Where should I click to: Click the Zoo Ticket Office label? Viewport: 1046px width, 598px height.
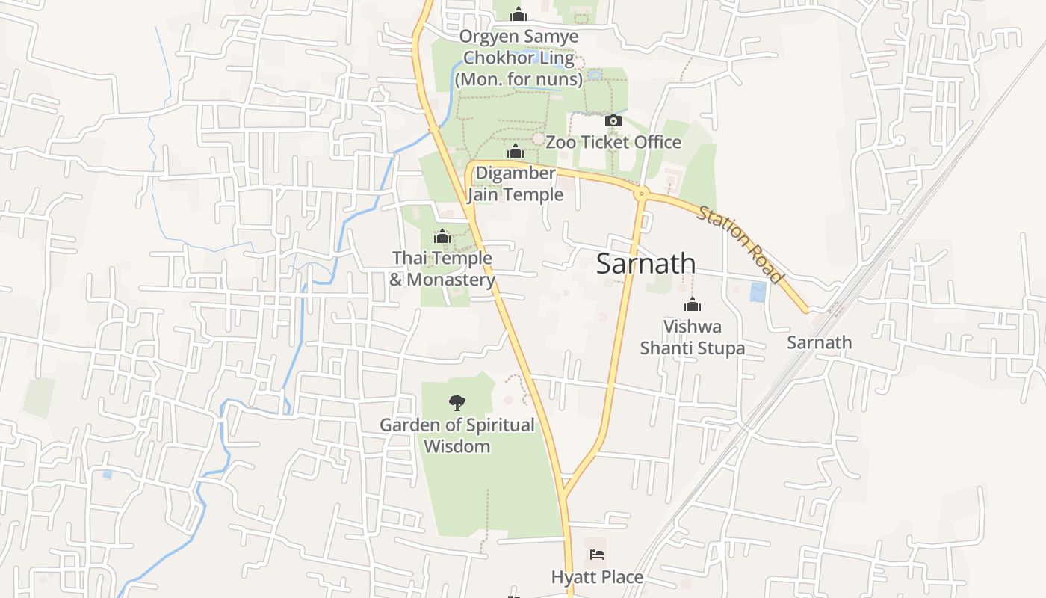click(x=613, y=142)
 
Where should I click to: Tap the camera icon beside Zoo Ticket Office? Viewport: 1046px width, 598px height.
click(x=613, y=120)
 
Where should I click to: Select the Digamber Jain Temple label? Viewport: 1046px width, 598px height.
click(x=516, y=184)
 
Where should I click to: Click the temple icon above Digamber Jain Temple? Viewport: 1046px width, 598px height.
click(x=515, y=152)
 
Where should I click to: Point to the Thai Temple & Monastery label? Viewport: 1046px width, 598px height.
click(x=442, y=268)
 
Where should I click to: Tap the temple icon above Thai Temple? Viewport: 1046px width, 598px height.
click(x=442, y=237)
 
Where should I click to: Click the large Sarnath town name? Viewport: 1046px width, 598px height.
click(x=646, y=263)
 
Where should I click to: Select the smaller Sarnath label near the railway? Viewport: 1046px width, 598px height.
click(x=819, y=342)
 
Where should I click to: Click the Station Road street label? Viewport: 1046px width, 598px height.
click(x=740, y=245)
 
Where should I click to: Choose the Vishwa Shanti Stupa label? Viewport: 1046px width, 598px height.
click(x=693, y=337)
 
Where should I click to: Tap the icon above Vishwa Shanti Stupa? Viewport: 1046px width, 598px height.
click(x=693, y=304)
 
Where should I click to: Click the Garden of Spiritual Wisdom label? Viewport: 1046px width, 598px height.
click(x=457, y=435)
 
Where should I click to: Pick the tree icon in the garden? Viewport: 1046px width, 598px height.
click(x=457, y=404)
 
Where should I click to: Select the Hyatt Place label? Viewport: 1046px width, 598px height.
click(x=597, y=577)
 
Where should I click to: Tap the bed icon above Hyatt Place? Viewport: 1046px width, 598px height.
click(x=597, y=555)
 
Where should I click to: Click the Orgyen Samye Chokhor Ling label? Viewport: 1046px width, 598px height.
click(x=519, y=58)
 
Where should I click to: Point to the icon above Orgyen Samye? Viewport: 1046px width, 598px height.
click(x=519, y=14)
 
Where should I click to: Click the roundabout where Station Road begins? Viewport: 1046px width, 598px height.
click(x=641, y=194)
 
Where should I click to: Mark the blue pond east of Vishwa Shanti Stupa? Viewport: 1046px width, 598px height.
click(x=758, y=292)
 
